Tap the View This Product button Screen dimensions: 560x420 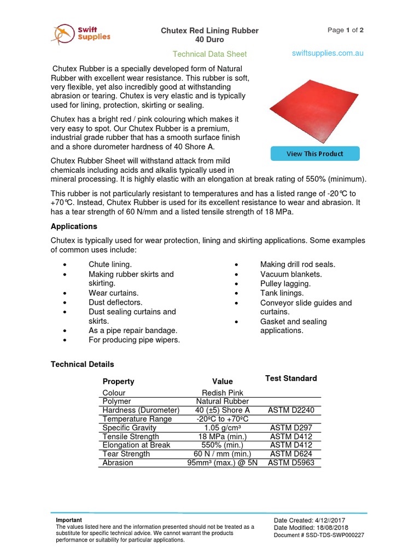click(315, 154)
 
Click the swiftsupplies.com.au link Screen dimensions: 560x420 click(328, 53)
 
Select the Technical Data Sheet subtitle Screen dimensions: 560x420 click(209, 54)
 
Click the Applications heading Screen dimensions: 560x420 click(74, 226)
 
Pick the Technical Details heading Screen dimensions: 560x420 click(83, 364)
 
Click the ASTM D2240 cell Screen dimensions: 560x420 click(291, 410)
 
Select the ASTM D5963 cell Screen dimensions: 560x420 click(291, 463)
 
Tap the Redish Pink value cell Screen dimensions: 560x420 click(223, 393)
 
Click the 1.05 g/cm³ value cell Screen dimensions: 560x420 click(223, 428)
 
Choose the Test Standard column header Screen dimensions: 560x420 click(291, 378)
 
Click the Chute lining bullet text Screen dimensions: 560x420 click(110, 265)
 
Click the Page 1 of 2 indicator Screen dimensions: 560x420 click(345, 30)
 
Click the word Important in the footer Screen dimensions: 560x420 click(69, 520)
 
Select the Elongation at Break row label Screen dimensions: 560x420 click(136, 445)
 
